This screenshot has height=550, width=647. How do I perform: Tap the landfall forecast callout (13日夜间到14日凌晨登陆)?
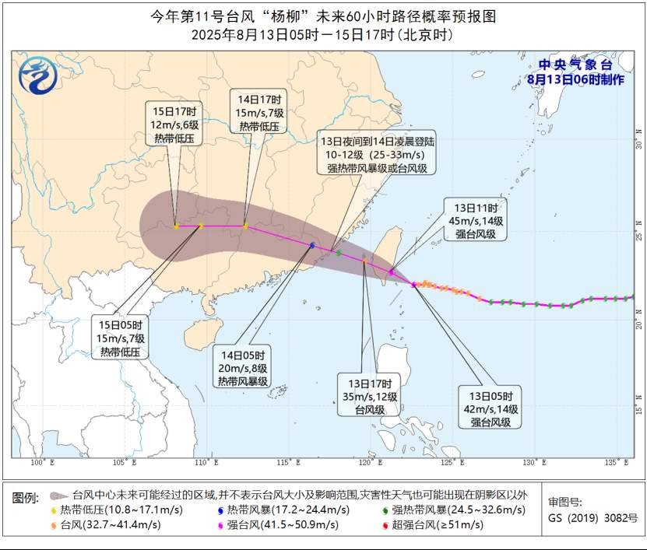tap(378, 156)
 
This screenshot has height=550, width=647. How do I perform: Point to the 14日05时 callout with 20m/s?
tap(244, 366)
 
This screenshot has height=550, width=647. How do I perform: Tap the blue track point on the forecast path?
tap(312, 245)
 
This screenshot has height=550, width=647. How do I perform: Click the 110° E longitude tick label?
tap(206, 463)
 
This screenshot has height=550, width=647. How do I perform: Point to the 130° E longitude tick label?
tap(533, 463)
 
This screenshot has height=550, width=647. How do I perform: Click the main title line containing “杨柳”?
tap(322, 16)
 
